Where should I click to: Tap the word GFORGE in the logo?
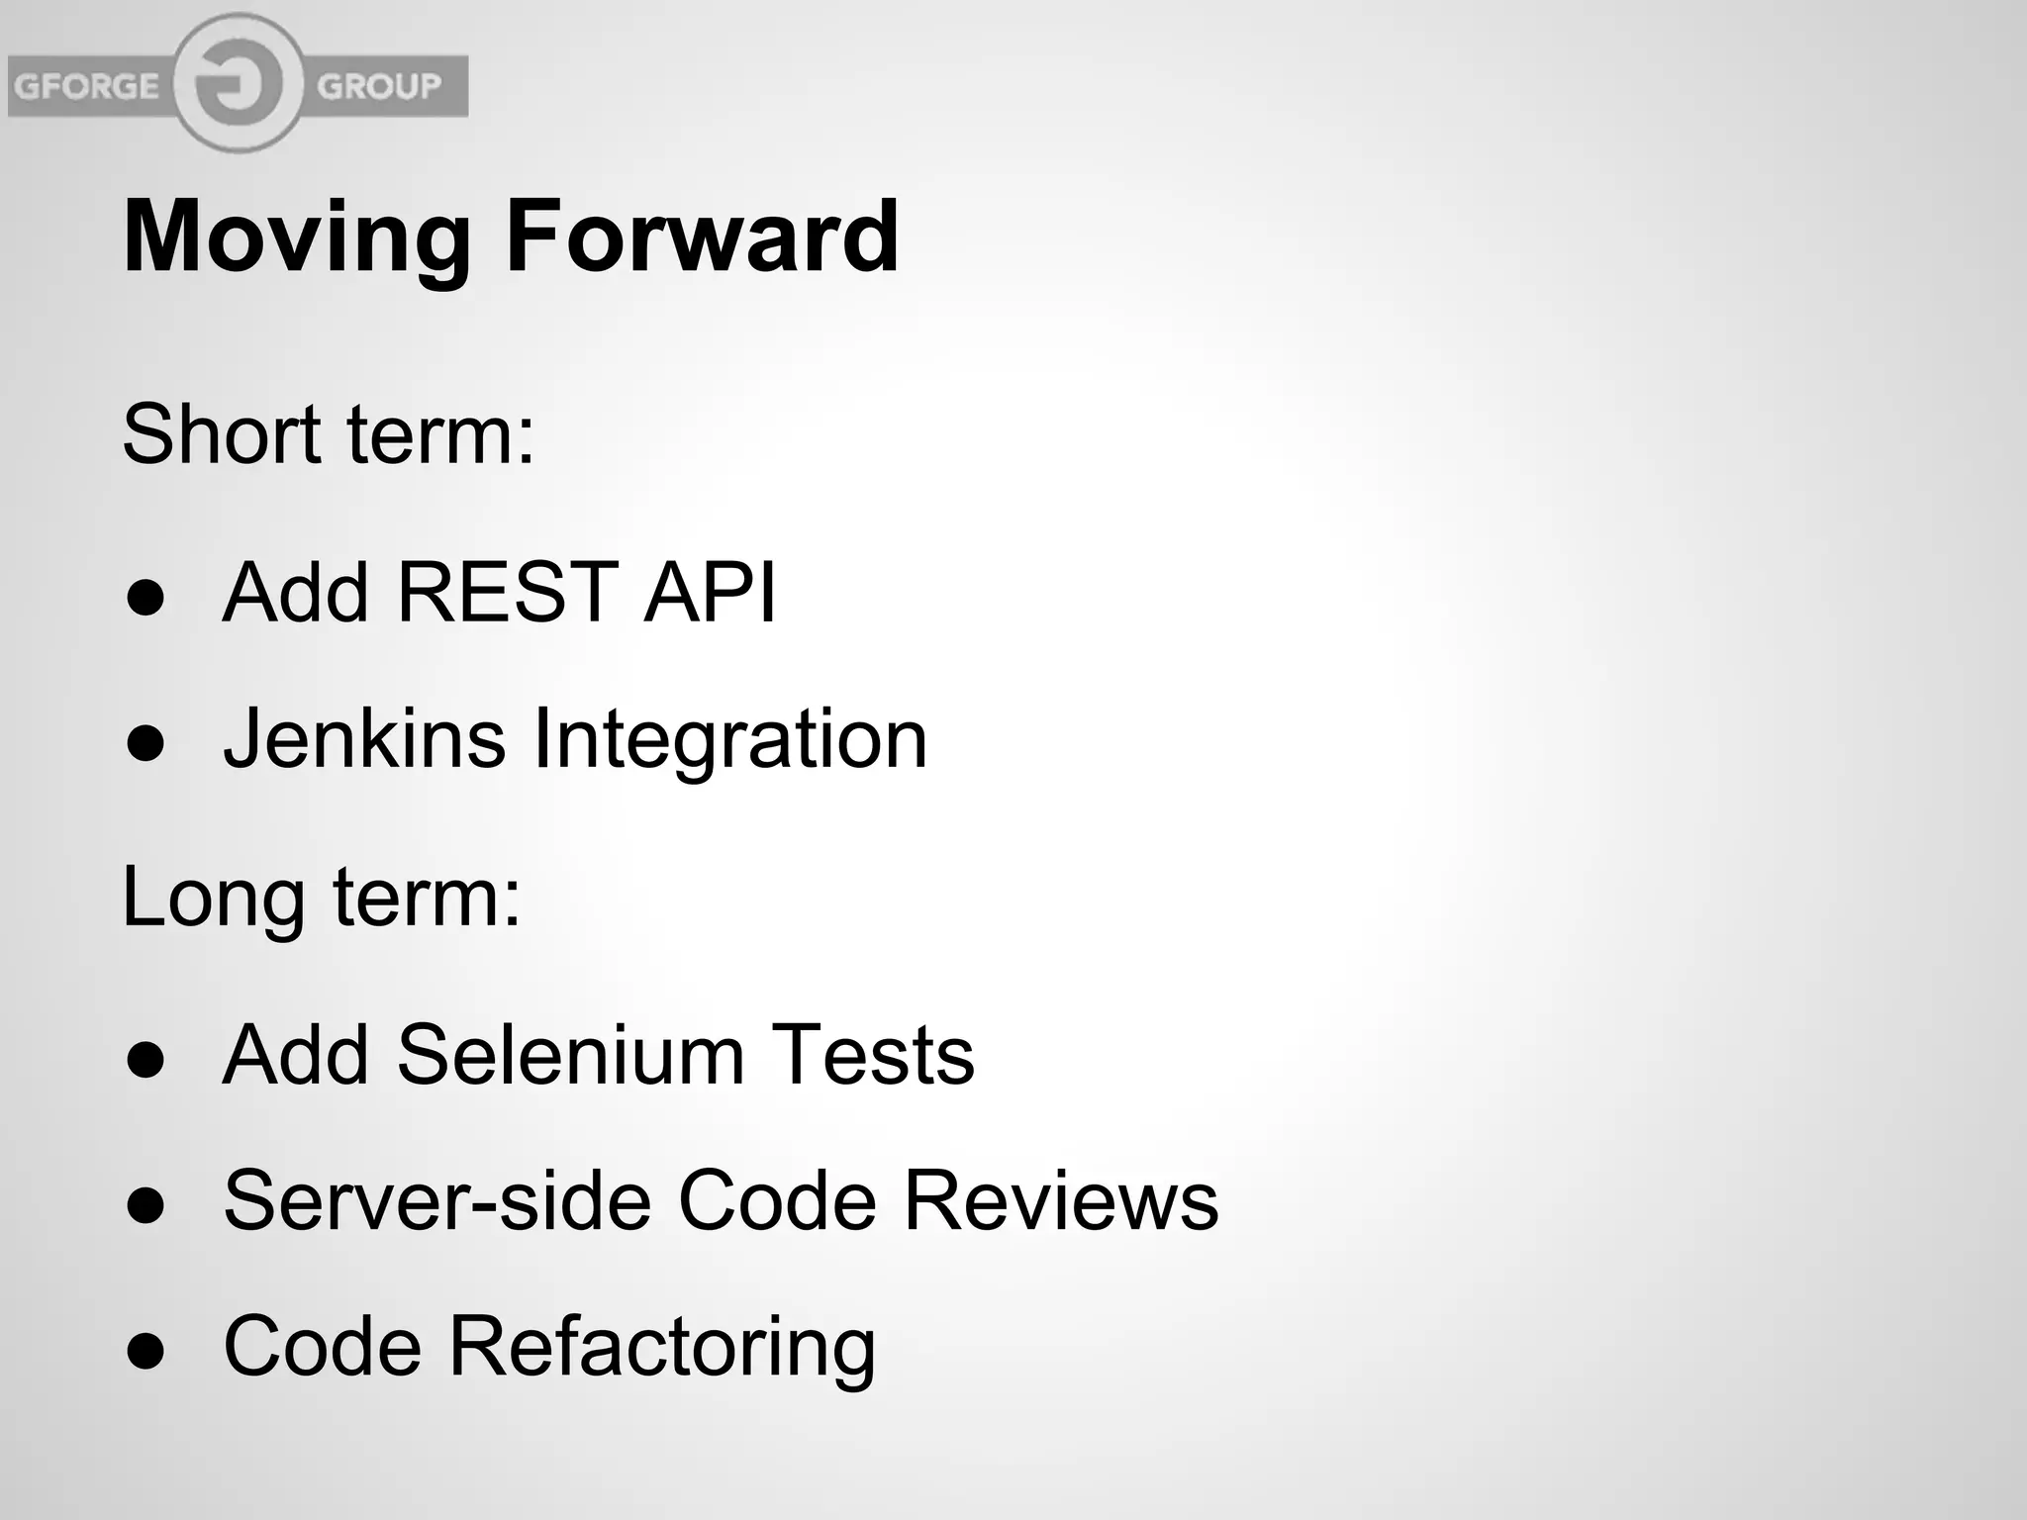[86, 86]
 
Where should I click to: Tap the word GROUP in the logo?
[379, 86]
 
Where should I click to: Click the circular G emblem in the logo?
[238, 84]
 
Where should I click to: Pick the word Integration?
[730, 740]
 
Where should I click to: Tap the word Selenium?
[570, 1055]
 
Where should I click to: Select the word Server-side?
[437, 1200]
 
